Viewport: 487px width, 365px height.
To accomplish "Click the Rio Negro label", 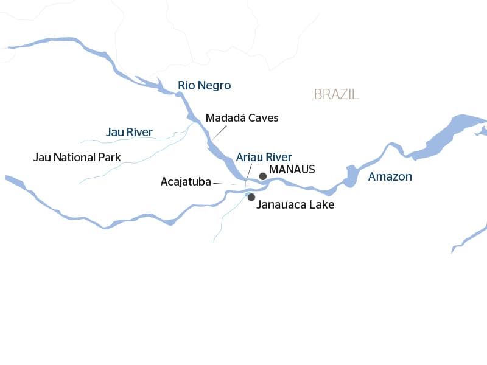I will click(204, 86).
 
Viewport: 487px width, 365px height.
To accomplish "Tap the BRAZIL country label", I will click(336, 94).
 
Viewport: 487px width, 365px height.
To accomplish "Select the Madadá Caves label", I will click(242, 118).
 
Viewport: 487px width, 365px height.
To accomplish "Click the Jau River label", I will click(129, 132).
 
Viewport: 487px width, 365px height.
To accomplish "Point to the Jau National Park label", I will click(77, 158).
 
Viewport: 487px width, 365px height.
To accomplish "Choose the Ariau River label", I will click(264, 157).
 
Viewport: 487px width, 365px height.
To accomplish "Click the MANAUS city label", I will click(292, 169).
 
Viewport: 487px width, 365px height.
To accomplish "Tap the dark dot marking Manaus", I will click(262, 176).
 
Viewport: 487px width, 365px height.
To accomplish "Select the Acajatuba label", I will click(186, 181).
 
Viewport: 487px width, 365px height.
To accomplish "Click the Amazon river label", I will click(390, 177).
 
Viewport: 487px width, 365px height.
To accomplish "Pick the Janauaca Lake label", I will click(295, 205).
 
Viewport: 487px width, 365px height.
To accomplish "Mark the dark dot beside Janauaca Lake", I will click(251, 196).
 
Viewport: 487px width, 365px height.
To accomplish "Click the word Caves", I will click(263, 118).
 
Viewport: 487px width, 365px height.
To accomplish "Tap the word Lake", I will click(321, 205).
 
